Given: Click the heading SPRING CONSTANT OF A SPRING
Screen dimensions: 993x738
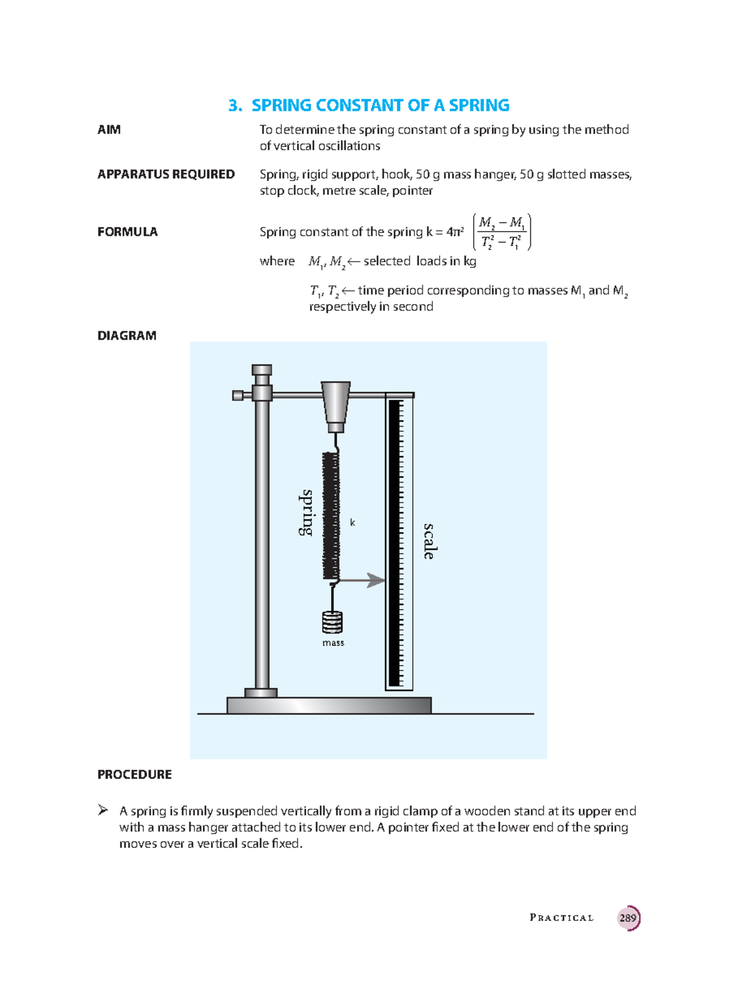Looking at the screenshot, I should coord(369,106).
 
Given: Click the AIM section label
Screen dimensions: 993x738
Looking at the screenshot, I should coord(109,130).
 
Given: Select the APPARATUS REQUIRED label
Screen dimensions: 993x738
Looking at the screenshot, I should coord(166,175).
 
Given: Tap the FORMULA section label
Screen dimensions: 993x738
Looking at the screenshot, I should coord(127,232).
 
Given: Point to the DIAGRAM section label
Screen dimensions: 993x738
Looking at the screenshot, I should coord(127,336).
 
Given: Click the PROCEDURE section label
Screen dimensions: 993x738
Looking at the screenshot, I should coord(134,775).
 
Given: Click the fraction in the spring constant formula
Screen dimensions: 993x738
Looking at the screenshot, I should coord(502,232).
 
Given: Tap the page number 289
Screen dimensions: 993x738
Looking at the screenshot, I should coord(628,918).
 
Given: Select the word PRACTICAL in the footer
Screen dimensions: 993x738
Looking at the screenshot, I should coord(561,918).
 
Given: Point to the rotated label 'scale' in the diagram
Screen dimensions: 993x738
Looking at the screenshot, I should coord(429,541).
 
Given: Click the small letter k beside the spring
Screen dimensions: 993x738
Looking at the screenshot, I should coord(352,523).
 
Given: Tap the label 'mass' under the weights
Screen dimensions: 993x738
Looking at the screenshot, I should coord(333,643).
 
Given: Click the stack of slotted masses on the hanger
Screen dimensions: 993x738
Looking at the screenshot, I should coord(332,622).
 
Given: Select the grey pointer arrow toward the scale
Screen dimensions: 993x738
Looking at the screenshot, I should coord(363,580).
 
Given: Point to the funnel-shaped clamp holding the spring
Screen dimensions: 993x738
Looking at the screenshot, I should coord(335,402).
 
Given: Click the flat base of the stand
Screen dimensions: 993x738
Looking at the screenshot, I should coord(329,705).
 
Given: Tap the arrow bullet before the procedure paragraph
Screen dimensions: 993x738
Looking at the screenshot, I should coord(103,810).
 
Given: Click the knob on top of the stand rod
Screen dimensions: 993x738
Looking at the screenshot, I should coord(261,371).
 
